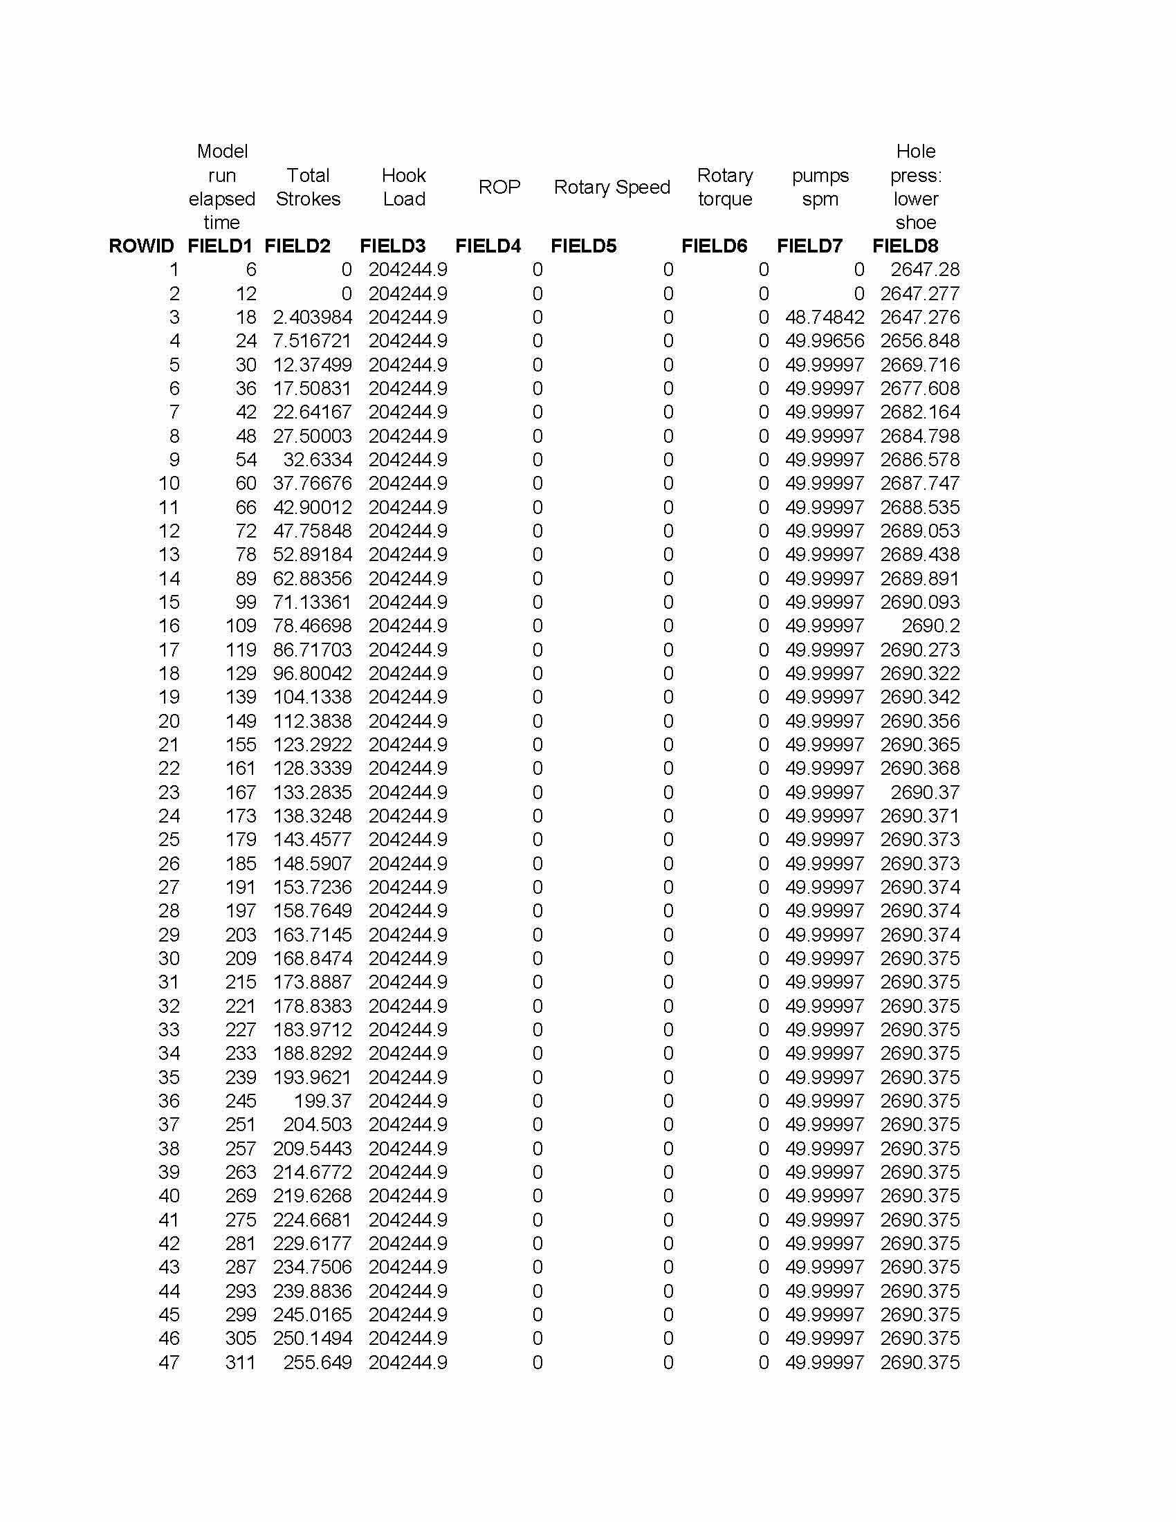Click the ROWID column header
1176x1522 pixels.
click(141, 246)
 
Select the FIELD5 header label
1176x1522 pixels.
click(583, 246)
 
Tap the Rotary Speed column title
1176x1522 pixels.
click(612, 187)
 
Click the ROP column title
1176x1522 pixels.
click(499, 187)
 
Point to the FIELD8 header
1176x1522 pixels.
click(905, 246)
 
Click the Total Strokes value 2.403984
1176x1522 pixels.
click(312, 318)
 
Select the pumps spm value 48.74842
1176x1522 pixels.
click(824, 318)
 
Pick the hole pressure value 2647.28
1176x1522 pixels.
click(924, 270)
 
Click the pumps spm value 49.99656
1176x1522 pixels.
click(824, 342)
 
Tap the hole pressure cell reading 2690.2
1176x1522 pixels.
click(930, 626)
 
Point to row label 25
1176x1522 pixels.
click(169, 840)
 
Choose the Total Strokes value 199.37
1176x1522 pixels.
click(322, 1101)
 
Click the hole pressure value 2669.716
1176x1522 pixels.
click(919, 365)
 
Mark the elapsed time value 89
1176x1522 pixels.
click(246, 578)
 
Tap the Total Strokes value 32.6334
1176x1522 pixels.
click(317, 460)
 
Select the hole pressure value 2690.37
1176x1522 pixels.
click(924, 792)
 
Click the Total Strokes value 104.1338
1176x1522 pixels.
click(312, 697)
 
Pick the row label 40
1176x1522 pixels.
click(169, 1196)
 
